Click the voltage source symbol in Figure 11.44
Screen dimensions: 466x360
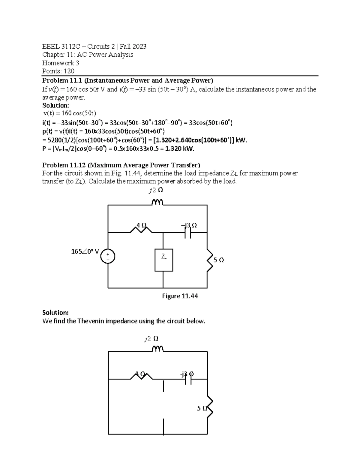(x=108, y=257)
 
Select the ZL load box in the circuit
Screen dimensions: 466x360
(x=163, y=260)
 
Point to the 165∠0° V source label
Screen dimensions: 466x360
(x=85, y=251)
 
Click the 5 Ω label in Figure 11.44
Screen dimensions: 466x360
(x=219, y=260)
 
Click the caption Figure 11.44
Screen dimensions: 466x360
(x=180, y=296)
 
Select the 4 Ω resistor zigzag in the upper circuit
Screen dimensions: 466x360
(x=141, y=230)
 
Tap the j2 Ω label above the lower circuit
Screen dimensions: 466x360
(x=151, y=339)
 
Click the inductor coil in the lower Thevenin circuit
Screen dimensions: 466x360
(x=157, y=349)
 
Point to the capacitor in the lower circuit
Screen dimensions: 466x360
(x=188, y=380)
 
